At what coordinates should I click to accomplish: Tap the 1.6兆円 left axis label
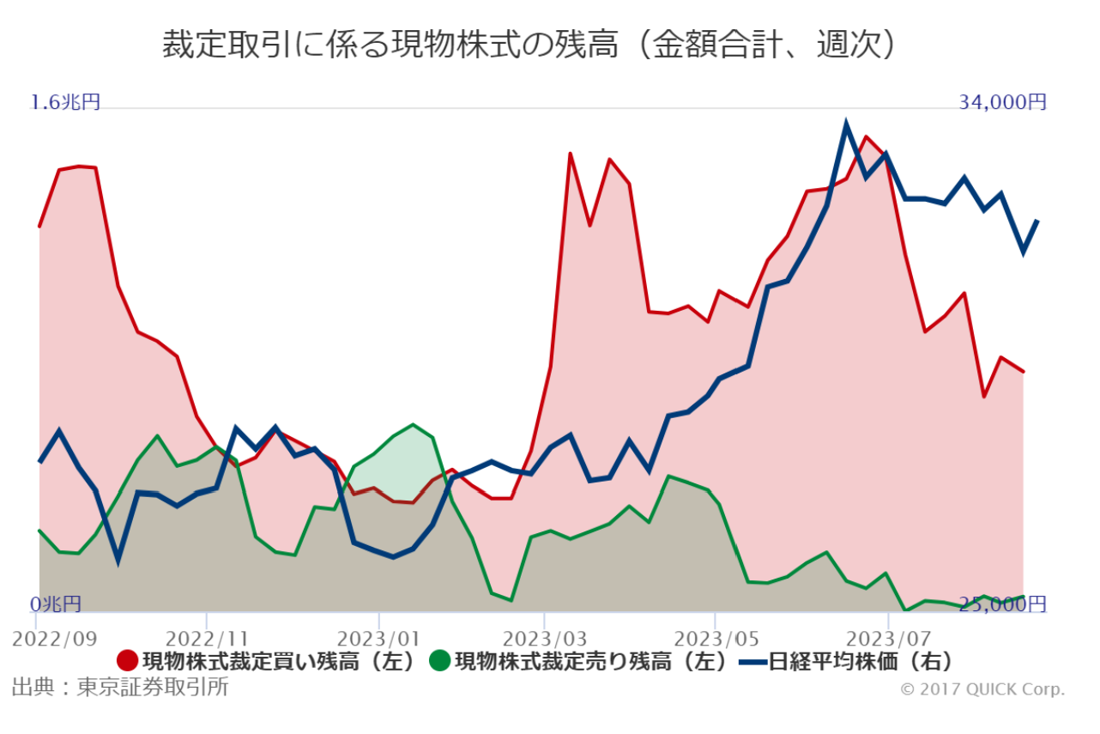pos(66,102)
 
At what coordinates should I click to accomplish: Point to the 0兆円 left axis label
pos(57,604)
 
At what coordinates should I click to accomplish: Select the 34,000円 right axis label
pos(1002,102)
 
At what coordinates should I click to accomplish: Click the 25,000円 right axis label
pos(1002,604)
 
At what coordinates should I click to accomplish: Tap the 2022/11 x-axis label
pos(207,640)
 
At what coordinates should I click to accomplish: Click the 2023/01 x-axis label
pos(378,640)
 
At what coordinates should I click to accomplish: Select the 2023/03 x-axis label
pos(544,640)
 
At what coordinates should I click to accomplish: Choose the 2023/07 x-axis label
pos(887,640)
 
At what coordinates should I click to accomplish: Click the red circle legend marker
pos(127,661)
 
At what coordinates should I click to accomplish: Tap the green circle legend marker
pos(439,661)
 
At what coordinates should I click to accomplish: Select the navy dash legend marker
pos(752,661)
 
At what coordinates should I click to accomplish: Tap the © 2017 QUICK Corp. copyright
pos(982,689)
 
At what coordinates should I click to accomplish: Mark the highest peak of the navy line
pos(846,125)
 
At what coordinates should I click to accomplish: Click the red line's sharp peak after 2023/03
pos(570,155)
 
